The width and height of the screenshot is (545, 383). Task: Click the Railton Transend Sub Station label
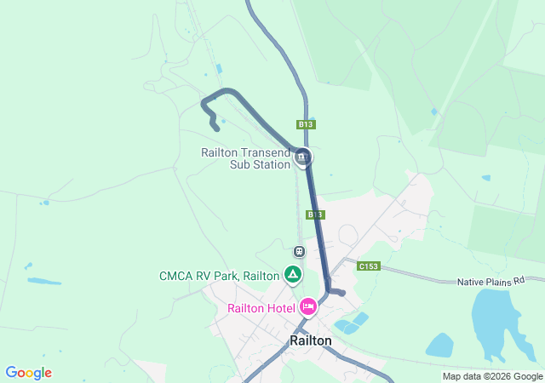pos(245,158)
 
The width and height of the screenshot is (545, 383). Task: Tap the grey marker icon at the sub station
pos(303,157)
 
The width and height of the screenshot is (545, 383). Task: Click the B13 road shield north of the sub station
pos(307,124)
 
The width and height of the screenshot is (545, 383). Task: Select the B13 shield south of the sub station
pos(315,214)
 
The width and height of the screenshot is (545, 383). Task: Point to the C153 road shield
pos(369,266)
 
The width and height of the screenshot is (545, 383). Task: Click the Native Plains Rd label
pos(488,281)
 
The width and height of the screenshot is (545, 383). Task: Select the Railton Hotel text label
pos(261,308)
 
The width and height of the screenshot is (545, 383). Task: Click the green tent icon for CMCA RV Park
pos(292,274)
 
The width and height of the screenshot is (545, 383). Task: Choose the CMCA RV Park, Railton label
pos(219,276)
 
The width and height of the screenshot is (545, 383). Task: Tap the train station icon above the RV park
pos(299,251)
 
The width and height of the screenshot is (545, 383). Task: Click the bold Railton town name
pos(311,340)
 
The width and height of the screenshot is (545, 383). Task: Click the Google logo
pos(28,373)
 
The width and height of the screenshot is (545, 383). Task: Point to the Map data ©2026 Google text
pos(492,376)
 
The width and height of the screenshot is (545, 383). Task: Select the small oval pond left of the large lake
pos(439,346)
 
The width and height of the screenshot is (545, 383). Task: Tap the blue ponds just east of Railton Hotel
pos(352,323)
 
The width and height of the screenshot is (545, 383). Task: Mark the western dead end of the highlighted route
pos(216,129)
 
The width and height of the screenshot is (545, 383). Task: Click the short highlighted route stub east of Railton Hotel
pos(339,293)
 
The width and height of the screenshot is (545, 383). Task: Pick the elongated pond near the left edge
pos(43,281)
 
